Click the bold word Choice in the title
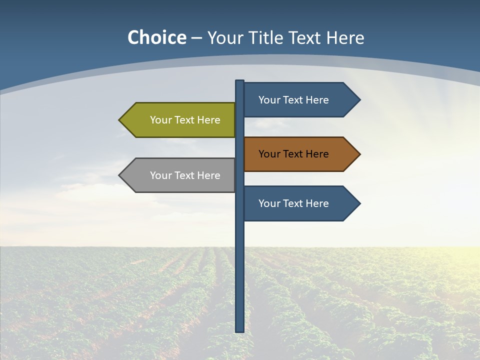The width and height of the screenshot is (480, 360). pos(156,37)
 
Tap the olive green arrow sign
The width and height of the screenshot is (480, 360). pos(180,120)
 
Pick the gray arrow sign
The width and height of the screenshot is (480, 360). pos(180,175)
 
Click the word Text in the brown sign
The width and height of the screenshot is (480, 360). pos(293,154)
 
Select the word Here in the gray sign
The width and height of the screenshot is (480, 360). pos(208,175)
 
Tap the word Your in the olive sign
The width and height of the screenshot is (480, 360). pos(160,120)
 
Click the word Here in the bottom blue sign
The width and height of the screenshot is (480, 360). pos(317,203)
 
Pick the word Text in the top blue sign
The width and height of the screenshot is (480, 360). pos(293,100)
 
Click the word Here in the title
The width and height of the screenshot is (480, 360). pos(344,37)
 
